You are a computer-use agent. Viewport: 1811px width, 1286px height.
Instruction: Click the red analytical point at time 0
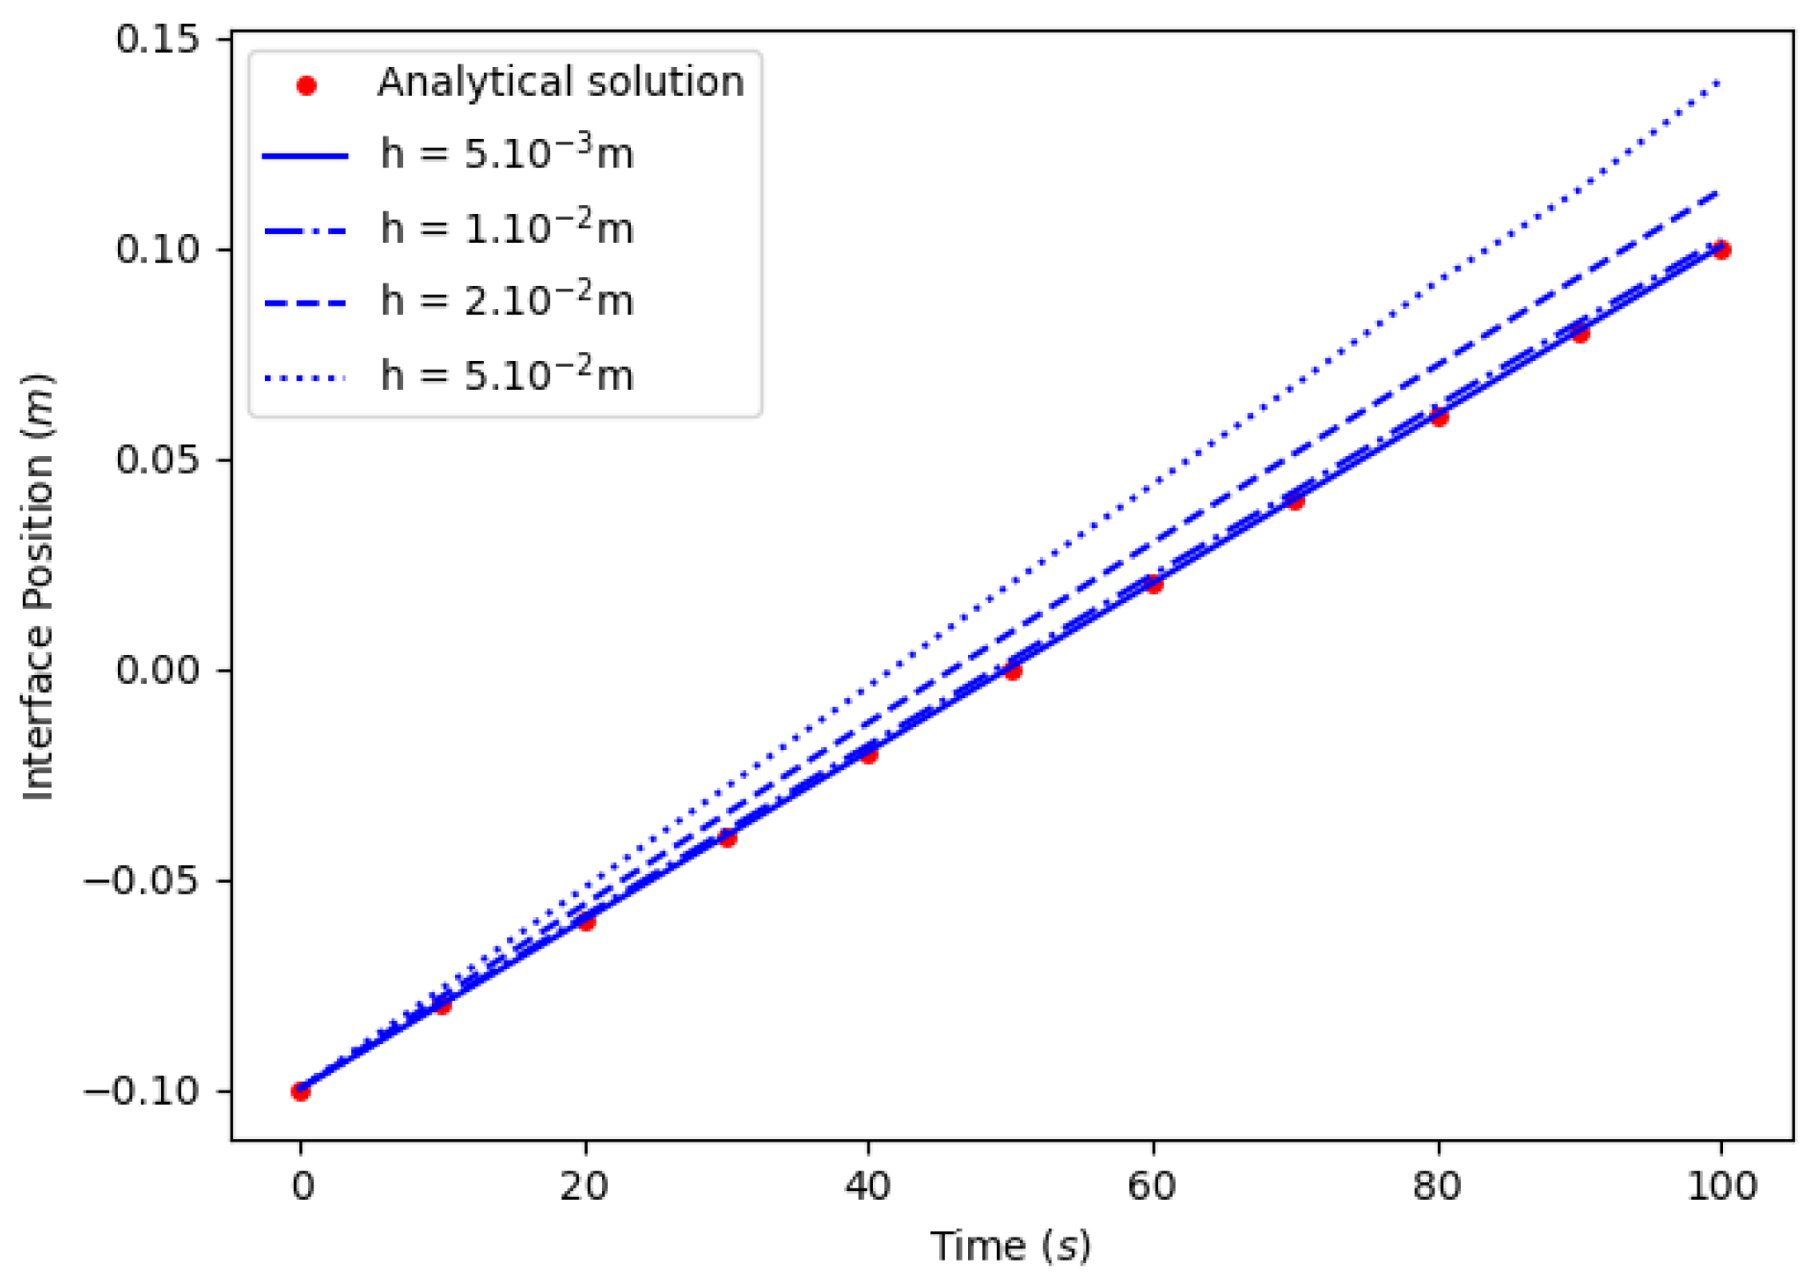tap(301, 1091)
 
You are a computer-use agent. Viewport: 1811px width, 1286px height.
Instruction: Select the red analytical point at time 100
tap(1721, 250)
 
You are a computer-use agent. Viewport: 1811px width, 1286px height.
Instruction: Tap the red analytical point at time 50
tap(1013, 672)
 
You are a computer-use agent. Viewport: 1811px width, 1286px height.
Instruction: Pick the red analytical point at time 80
tap(1439, 417)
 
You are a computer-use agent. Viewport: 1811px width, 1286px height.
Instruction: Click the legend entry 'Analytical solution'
tap(560, 83)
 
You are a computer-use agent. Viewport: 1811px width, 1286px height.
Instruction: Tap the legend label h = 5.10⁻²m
tap(506, 376)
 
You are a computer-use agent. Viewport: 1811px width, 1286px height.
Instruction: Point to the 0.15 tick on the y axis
tap(158, 40)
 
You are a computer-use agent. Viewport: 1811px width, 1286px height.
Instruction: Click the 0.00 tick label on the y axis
tap(158, 671)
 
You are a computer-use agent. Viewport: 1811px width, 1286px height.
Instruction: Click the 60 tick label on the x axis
tap(1153, 1187)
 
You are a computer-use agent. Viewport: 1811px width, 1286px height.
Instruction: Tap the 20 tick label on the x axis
tap(584, 1187)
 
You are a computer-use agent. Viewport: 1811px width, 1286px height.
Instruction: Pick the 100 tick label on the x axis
tap(1721, 1187)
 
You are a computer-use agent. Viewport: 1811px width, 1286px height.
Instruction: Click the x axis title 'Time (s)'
tap(1011, 1246)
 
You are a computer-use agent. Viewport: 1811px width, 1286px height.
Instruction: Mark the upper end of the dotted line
tap(1719, 83)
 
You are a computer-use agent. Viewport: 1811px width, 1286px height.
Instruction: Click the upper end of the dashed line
tap(1719, 191)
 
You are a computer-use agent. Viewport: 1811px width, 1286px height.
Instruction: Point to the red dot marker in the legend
tap(306, 85)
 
